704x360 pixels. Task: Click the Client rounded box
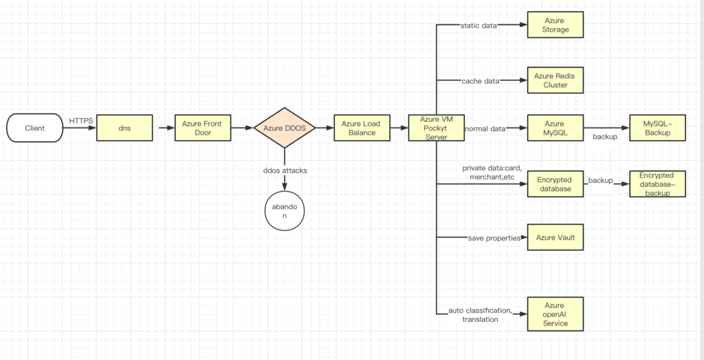tap(34, 128)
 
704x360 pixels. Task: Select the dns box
tap(124, 128)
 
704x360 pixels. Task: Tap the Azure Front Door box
tap(202, 128)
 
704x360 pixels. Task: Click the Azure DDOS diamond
tap(284, 128)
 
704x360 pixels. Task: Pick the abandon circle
tap(284, 210)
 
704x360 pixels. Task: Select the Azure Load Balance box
tap(362, 128)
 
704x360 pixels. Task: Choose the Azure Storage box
tap(555, 25)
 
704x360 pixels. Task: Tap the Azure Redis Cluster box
tap(555, 80)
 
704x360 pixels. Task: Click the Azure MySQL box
tap(555, 128)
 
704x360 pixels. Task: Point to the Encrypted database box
tap(555, 183)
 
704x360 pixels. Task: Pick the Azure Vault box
tap(555, 238)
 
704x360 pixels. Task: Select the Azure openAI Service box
tap(555, 314)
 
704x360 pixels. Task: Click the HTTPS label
tap(80, 121)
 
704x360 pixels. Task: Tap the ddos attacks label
tap(285, 170)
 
